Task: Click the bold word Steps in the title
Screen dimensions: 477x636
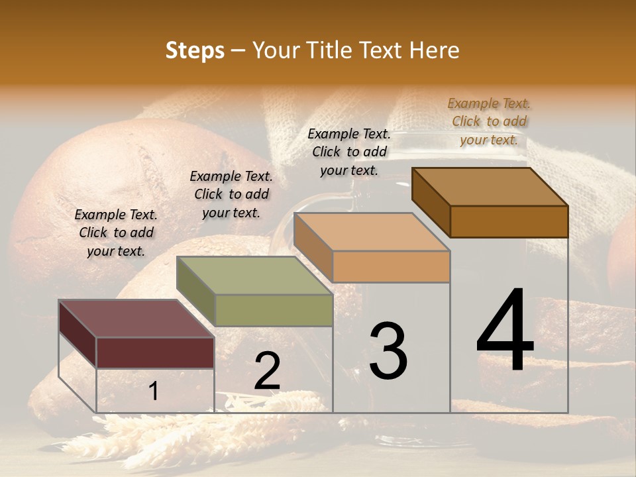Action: [195, 50]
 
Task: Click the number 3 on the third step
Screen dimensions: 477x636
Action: [388, 350]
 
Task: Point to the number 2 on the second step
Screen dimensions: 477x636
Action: [267, 371]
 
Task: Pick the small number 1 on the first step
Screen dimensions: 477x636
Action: [153, 392]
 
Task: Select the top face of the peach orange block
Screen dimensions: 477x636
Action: [372, 232]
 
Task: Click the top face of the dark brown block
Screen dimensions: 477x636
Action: [490, 187]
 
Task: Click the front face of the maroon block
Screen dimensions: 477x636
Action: [155, 352]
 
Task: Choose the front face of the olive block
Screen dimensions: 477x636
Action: [274, 310]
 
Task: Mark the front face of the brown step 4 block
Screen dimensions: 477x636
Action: [509, 221]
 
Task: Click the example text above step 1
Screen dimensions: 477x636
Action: [116, 233]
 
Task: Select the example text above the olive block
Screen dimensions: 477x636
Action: [231, 194]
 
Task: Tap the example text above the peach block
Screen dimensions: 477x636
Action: [349, 152]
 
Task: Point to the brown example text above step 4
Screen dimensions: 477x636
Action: [489, 121]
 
